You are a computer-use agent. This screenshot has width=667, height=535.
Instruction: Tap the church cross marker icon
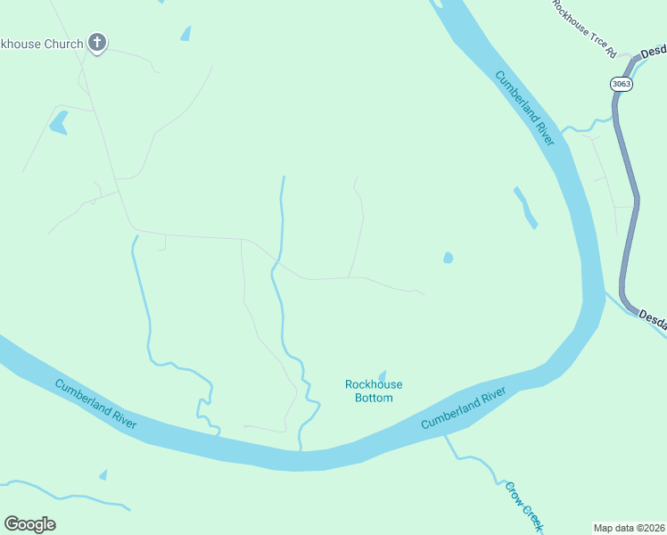97,42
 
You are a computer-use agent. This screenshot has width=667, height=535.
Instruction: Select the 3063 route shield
622,84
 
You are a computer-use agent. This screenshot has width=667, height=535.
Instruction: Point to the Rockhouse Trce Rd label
584,29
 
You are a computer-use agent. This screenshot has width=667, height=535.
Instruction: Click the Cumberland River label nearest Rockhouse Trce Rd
526,109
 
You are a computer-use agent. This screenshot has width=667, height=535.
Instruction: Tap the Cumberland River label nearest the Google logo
95,404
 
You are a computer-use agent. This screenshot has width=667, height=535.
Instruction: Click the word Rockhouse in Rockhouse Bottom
374,384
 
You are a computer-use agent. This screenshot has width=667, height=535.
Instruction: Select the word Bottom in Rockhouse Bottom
374,398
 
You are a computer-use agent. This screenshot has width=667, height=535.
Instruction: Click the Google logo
29,524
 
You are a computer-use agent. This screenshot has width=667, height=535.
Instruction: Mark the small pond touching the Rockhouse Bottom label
383,375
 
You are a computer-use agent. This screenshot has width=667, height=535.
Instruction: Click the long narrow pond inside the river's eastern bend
525,207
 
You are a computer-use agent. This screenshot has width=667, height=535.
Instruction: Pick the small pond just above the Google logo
103,474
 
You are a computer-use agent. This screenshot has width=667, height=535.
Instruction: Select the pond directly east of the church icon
185,34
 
